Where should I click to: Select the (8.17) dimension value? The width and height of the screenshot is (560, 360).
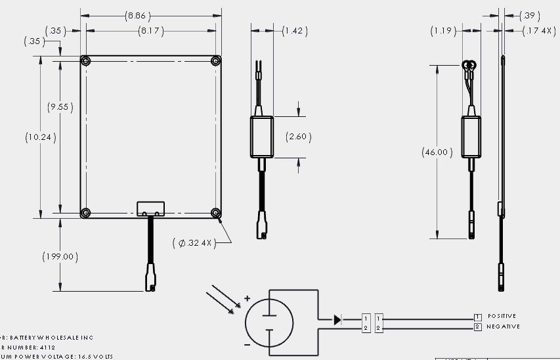[x=150, y=31]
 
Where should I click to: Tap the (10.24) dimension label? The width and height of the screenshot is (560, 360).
[x=41, y=138]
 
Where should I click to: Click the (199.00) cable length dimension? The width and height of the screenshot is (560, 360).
[x=60, y=256]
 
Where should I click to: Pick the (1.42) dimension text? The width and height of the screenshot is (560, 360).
[x=294, y=31]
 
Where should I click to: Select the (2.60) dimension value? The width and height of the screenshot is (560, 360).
[x=298, y=137]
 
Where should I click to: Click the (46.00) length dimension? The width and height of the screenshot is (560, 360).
[x=436, y=152]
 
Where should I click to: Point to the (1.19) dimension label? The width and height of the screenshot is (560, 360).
[x=443, y=31]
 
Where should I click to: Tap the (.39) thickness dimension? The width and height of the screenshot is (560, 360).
[x=529, y=16]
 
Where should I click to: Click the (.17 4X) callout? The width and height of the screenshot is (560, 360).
[x=539, y=31]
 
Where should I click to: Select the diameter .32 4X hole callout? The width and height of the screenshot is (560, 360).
[x=194, y=243]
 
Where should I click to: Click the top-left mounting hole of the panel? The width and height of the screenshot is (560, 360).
[x=85, y=61]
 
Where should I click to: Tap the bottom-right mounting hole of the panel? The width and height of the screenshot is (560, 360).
[x=215, y=212]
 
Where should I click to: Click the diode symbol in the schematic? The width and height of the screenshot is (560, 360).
[x=337, y=320]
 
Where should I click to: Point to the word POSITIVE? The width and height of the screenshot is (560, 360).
[x=502, y=317]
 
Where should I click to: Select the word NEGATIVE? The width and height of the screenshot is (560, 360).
[x=503, y=326]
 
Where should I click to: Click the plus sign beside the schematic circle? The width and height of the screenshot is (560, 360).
[x=247, y=299]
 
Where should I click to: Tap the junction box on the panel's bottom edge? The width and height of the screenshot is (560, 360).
[x=150, y=208]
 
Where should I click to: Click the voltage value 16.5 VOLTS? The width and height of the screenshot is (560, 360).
[x=95, y=356]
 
